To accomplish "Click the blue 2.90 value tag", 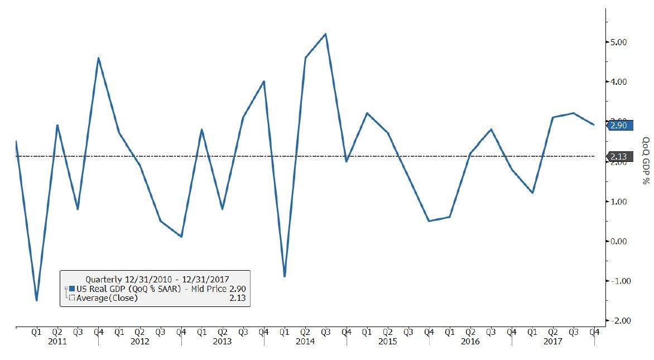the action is tap(619, 125).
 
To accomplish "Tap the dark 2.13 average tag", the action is tap(619, 156).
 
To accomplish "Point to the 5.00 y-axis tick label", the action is tap(618, 42).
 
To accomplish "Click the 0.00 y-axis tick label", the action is tap(618, 241).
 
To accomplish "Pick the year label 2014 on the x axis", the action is tap(305, 342).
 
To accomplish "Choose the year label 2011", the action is tap(57, 342).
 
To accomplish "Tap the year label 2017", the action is tap(553, 342).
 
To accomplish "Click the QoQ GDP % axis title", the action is tap(646, 161).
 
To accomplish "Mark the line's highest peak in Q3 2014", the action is tap(325, 34).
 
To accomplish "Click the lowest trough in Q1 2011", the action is tap(37, 300).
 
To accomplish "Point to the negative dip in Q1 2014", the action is tap(285, 276).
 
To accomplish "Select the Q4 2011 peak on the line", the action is tap(98, 58).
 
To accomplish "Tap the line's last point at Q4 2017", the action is tap(594, 124).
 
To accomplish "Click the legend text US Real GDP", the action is tap(101, 289).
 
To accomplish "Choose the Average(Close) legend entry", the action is tap(107, 298).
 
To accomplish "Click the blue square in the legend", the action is tap(72, 289).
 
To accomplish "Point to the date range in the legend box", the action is tap(157, 280).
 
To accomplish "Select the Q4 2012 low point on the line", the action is tap(181, 237).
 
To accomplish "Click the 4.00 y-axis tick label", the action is tap(618, 81).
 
